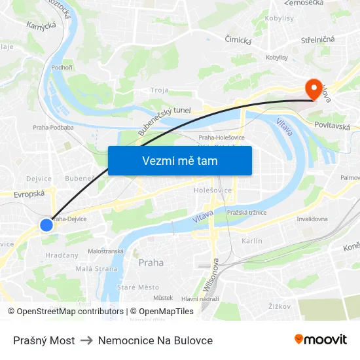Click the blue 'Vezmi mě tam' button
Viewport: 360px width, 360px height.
click(179, 160)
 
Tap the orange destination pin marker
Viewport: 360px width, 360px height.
click(315, 90)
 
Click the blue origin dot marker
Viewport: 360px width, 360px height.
click(46, 225)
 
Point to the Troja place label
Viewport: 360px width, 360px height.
click(159, 90)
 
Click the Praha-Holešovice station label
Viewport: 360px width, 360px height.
click(221, 137)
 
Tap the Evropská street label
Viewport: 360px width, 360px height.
click(27, 194)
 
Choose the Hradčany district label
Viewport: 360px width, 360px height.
click(62, 255)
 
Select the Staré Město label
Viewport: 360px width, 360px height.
click(137, 287)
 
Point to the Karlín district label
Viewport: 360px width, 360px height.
click(251, 241)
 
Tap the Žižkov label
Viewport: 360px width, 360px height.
click(279, 305)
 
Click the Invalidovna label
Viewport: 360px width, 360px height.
click(312, 219)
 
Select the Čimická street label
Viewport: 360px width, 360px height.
click(238, 40)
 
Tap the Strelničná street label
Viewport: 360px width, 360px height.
click(317, 39)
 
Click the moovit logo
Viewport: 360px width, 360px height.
click(320, 339)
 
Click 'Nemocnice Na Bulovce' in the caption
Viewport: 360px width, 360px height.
click(155, 340)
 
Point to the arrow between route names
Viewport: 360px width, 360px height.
click(86, 340)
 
